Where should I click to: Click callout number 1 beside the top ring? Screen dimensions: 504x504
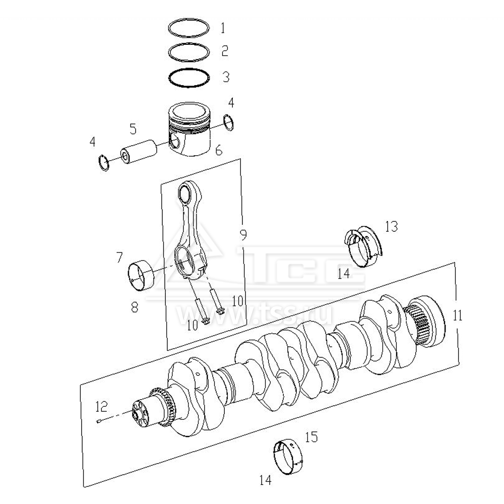(223, 28)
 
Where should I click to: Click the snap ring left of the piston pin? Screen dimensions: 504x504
(103, 162)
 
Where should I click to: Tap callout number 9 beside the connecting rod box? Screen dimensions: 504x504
(243, 235)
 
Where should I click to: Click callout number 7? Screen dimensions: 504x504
(119, 258)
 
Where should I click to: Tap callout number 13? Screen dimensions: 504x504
(391, 227)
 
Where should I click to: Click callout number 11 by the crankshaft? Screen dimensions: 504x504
(457, 316)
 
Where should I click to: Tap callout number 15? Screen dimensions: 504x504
(311, 437)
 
